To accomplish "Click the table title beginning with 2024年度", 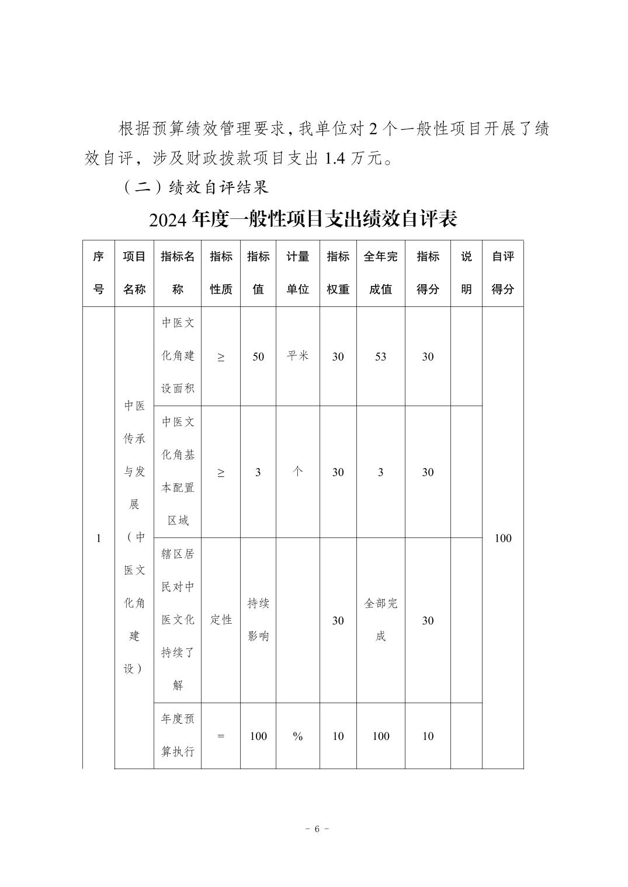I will (x=303, y=219).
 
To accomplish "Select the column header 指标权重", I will (x=338, y=273).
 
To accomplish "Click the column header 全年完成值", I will (x=380, y=273).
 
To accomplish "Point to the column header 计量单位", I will (x=297, y=273).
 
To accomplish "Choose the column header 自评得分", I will (x=502, y=273).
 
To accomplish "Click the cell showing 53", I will (x=380, y=357).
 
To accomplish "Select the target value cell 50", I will (x=258, y=357).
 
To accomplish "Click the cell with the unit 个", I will (x=297, y=472).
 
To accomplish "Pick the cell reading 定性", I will (x=221, y=620).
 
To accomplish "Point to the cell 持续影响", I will (x=258, y=620).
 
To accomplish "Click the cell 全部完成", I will (x=380, y=620).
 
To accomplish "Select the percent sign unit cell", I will (x=297, y=736).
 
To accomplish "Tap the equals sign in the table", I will (x=221, y=736).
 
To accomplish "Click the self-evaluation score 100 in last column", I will (x=502, y=538).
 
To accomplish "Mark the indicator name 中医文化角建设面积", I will (x=178, y=356).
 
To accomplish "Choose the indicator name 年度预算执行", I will (x=178, y=735).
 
